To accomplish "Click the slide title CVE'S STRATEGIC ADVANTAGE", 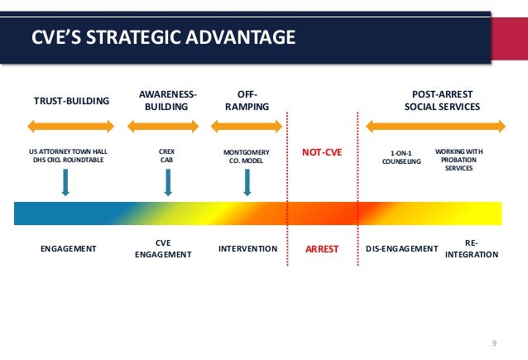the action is (162, 37).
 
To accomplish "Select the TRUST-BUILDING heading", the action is (71, 102).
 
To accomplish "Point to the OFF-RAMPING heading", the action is (247, 101).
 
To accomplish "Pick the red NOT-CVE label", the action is (322, 153).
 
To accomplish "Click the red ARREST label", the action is (322, 248).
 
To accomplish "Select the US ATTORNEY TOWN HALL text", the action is (69, 152).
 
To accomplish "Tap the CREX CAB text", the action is (166, 157).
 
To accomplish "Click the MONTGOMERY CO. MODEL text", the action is (247, 157).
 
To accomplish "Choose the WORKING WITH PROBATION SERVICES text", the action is (458, 161).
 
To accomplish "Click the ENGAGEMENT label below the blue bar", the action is (69, 248).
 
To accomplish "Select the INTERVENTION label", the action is (247, 248).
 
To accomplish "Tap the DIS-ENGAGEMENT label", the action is (401, 248).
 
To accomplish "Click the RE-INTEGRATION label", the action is (472, 248).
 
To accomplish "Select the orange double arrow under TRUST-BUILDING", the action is (72, 127).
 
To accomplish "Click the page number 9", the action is (494, 343).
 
